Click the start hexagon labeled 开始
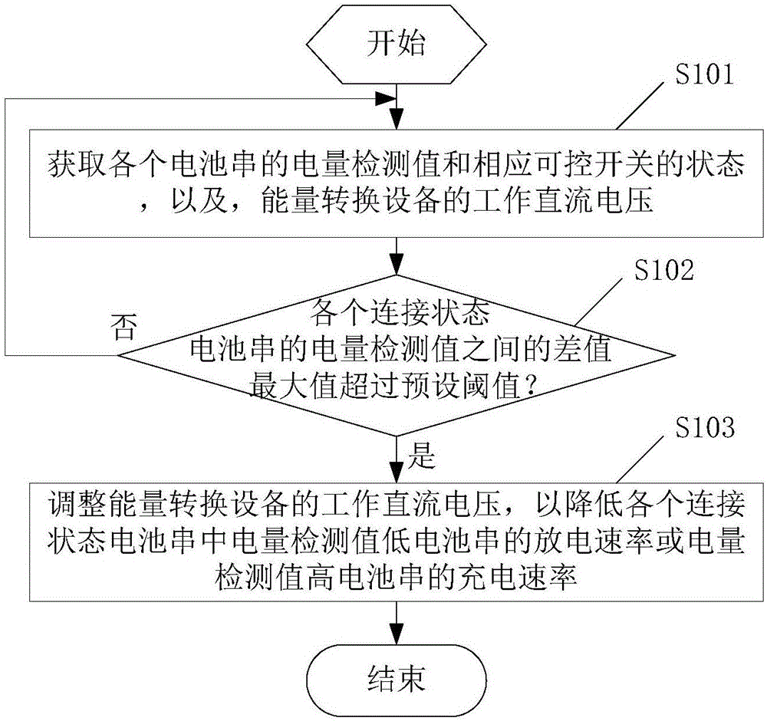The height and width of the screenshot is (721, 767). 395,44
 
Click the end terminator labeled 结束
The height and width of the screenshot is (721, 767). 395,678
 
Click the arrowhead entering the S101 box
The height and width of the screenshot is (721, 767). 396,123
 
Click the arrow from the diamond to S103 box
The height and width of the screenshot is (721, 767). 396,460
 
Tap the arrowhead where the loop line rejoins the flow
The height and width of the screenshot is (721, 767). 389,100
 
